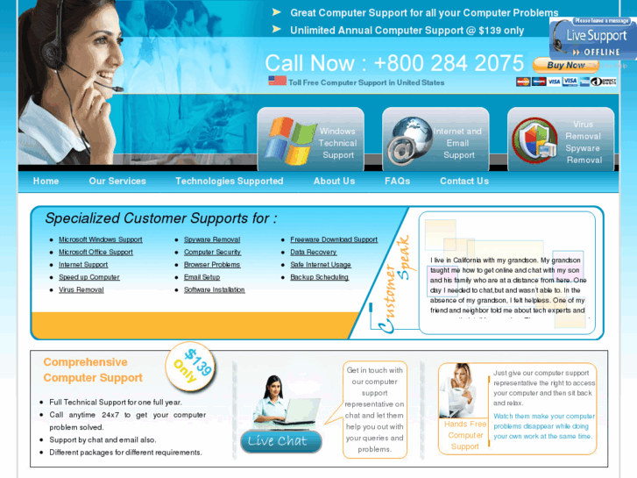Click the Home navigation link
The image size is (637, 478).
click(x=46, y=182)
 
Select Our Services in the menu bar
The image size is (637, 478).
click(x=117, y=182)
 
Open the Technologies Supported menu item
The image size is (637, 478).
click(x=229, y=182)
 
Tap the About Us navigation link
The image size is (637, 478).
click(x=334, y=182)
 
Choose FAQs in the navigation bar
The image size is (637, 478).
click(x=397, y=182)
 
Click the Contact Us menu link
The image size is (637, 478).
click(x=464, y=182)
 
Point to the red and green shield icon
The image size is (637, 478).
click(x=534, y=140)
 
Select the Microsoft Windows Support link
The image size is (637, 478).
click(x=100, y=239)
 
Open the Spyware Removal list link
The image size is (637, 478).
click(x=211, y=239)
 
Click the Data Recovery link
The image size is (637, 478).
click(x=313, y=253)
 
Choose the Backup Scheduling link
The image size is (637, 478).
click(x=319, y=277)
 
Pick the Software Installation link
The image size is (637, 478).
click(x=214, y=290)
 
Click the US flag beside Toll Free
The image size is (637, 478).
click(x=277, y=81)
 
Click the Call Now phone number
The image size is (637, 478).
click(x=394, y=63)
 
